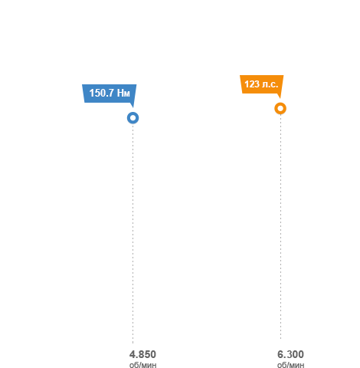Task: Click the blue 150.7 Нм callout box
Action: click(110, 94)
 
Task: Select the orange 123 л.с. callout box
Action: click(262, 84)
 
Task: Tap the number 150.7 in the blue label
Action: click(101, 93)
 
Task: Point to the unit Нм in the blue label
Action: click(123, 94)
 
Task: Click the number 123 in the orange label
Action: click(252, 84)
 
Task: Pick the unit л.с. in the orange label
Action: click(270, 84)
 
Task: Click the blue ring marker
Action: click(133, 113)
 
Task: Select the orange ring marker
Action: click(280, 103)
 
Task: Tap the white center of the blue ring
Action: click(133, 118)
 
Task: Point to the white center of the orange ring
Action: click(280, 108)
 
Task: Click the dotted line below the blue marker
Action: click(133, 234)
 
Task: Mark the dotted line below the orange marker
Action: click(280, 227)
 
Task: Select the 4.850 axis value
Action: click(142, 354)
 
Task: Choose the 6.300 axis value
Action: click(290, 354)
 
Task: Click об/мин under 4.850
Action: click(143, 365)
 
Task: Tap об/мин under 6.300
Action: click(291, 365)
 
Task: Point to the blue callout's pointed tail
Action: click(133, 107)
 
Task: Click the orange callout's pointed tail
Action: click(280, 98)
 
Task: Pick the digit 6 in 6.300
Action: click(280, 354)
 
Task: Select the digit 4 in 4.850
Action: click(133, 354)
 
